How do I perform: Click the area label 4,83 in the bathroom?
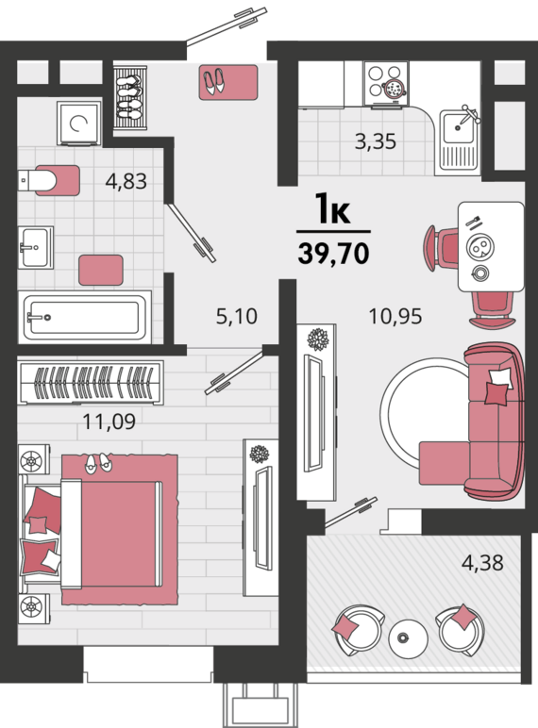pos(126,181)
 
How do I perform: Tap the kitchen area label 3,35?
pos(376,141)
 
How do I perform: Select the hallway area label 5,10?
pos(237,316)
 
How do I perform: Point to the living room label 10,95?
pos(395,316)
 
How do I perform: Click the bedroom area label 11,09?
pos(109,422)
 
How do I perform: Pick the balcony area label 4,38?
pos(482,563)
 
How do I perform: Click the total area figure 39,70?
pos(333,254)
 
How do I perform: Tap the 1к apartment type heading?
pos(332,210)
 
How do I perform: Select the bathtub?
pos(85,318)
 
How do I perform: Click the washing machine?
pos(79,124)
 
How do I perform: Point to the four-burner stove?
pos(385,84)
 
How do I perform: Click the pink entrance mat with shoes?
pos(228,82)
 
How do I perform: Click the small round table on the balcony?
pos(408,638)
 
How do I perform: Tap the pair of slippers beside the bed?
pos(98,463)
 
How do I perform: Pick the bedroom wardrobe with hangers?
pos(91,382)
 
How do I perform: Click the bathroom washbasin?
pos(35,247)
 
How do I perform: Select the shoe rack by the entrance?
pos(130,98)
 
